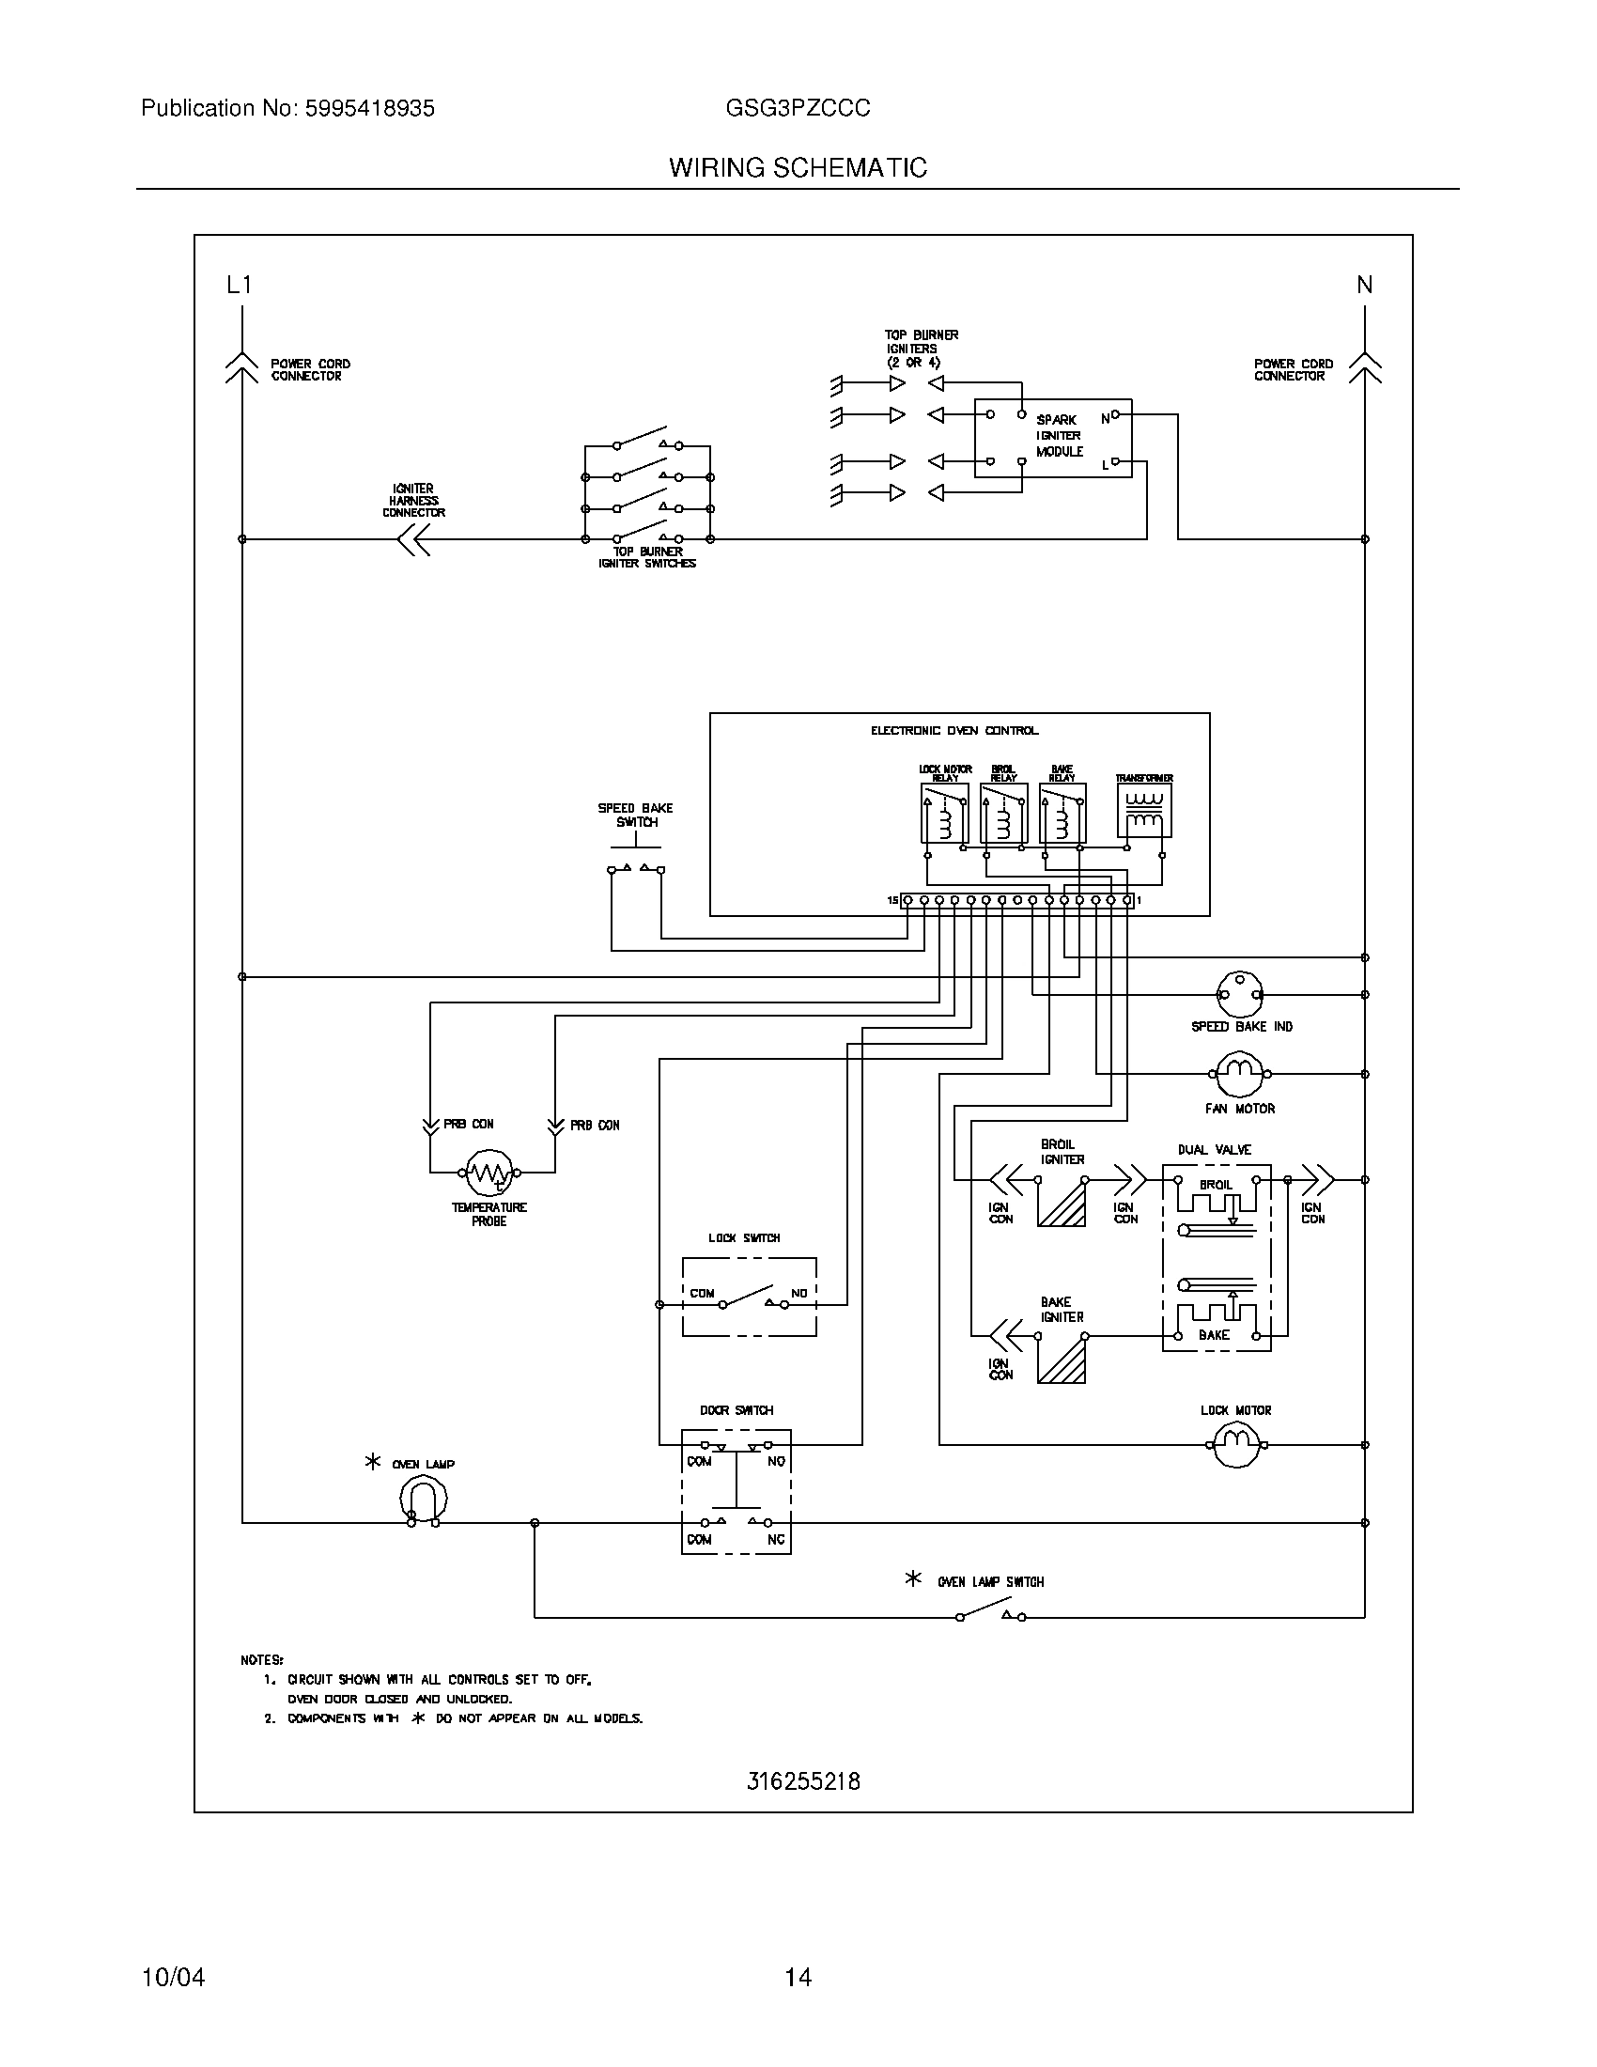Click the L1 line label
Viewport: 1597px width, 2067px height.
[240, 285]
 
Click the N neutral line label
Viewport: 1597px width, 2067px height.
[1364, 285]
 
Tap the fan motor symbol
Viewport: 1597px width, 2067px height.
[1239, 1074]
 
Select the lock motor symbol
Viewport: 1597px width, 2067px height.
[1236, 1444]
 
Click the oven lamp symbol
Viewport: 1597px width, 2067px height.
[423, 1500]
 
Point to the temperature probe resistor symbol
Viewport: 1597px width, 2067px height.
[490, 1173]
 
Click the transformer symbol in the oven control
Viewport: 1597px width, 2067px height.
[1144, 812]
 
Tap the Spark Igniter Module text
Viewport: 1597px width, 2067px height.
[1059, 436]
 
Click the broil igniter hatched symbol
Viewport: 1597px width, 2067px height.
[1062, 1203]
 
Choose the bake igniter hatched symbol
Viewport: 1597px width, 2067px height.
[1062, 1360]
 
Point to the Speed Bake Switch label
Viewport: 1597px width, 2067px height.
[636, 815]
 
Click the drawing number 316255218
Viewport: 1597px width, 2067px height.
[803, 1782]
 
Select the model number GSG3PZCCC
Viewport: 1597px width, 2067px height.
[798, 109]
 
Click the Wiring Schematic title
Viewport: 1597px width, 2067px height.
[798, 168]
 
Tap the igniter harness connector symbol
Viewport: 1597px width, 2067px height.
[413, 539]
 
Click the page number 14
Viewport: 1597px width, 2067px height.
[798, 1977]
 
